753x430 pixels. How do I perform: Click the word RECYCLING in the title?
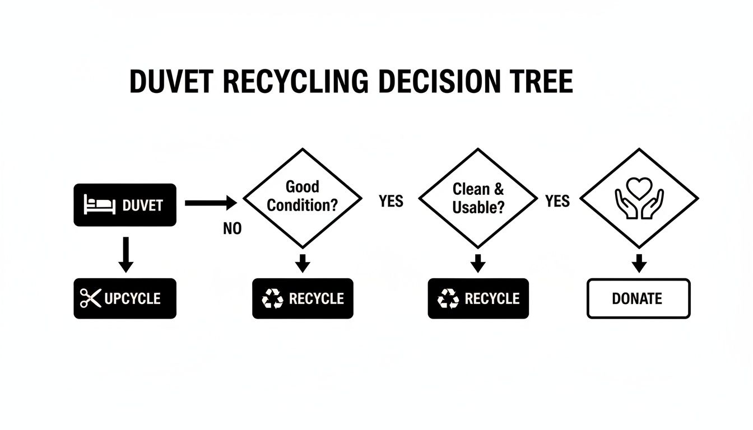[296, 82]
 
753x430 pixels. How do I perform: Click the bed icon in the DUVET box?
[99, 205]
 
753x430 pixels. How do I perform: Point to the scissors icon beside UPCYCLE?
[90, 298]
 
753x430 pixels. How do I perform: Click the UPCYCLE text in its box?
[133, 298]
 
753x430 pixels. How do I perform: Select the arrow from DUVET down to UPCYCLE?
[126, 254]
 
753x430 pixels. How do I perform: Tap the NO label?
[232, 228]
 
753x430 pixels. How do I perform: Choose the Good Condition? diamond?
[303, 197]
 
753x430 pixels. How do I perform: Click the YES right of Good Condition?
[391, 201]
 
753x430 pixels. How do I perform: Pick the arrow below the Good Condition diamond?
[303, 262]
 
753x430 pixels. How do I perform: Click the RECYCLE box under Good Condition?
[303, 298]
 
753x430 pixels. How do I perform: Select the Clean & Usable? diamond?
[478, 198]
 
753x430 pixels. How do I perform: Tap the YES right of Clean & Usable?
[557, 201]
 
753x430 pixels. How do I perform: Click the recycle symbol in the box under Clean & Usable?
[448, 299]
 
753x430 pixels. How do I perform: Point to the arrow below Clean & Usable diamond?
[478, 262]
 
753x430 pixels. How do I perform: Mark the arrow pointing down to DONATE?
[639, 262]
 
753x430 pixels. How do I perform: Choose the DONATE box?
[639, 298]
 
